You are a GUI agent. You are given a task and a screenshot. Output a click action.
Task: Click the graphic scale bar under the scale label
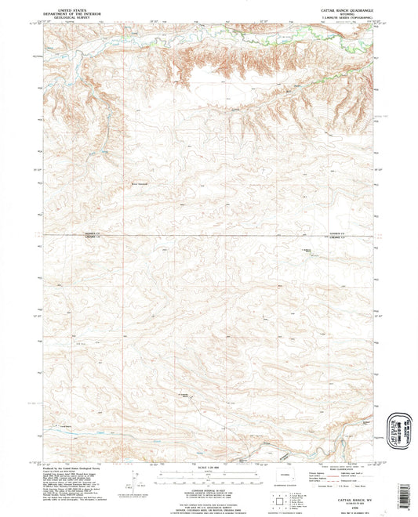209,475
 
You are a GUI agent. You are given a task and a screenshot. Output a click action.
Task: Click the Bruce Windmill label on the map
139,185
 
